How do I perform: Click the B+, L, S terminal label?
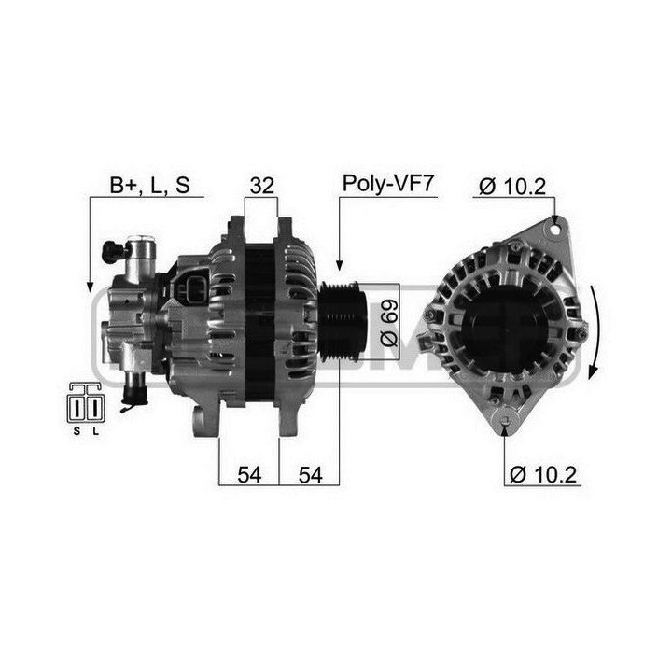click(x=149, y=185)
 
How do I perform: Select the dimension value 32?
click(x=262, y=186)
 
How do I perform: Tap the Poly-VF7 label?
click(x=388, y=184)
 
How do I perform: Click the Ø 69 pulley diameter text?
click(x=389, y=323)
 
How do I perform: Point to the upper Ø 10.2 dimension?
click(x=512, y=187)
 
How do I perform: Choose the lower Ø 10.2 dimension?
click(x=543, y=474)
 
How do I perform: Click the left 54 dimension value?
click(x=249, y=475)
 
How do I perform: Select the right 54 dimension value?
click(x=310, y=475)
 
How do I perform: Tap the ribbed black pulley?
click(x=342, y=321)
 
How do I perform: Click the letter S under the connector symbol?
click(x=77, y=431)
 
